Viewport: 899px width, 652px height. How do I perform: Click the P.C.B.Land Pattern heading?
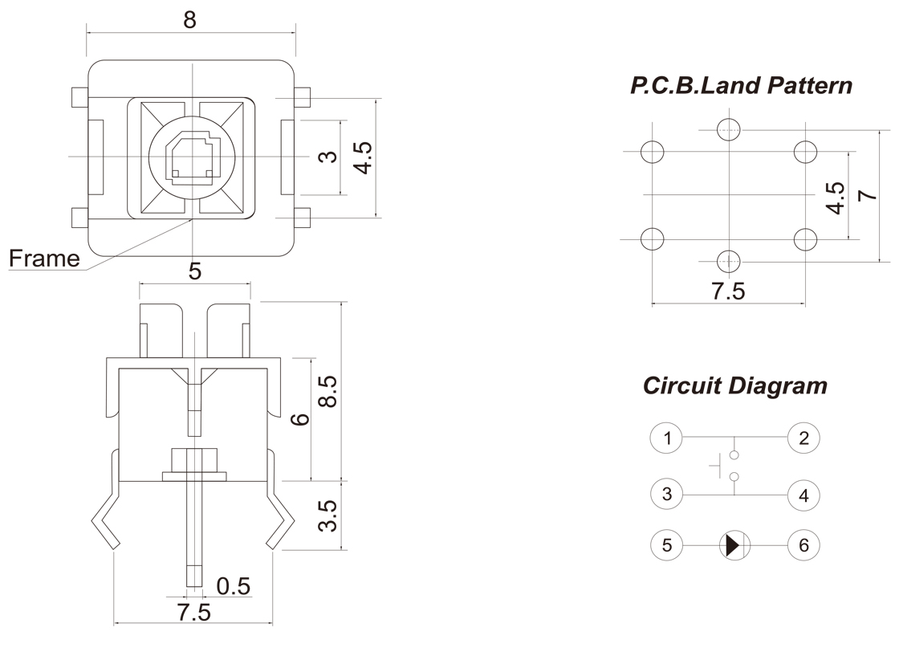tap(741, 86)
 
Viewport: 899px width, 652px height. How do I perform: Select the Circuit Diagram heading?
tap(734, 385)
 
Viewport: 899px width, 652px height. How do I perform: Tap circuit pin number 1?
tap(666, 438)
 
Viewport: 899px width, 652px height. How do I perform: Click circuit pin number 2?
tap(803, 438)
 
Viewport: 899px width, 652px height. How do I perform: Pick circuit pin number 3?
tap(666, 494)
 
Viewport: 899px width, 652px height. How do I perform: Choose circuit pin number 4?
tap(803, 495)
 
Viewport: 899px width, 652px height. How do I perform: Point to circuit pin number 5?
tap(666, 546)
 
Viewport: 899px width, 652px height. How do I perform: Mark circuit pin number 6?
tap(803, 546)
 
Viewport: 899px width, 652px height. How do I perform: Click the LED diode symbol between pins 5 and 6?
tap(732, 546)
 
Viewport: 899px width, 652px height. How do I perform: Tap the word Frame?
tap(44, 259)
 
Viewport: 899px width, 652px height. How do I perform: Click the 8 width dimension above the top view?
tap(189, 19)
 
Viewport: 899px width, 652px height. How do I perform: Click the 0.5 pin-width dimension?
tap(234, 587)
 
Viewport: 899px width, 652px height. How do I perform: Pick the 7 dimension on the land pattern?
tap(865, 196)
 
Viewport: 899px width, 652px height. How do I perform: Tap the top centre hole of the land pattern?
tap(727, 128)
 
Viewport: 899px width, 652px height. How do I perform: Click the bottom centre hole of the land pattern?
tap(727, 260)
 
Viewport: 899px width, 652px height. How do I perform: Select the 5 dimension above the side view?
tap(194, 271)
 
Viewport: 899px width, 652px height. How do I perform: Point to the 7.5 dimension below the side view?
tap(193, 613)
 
